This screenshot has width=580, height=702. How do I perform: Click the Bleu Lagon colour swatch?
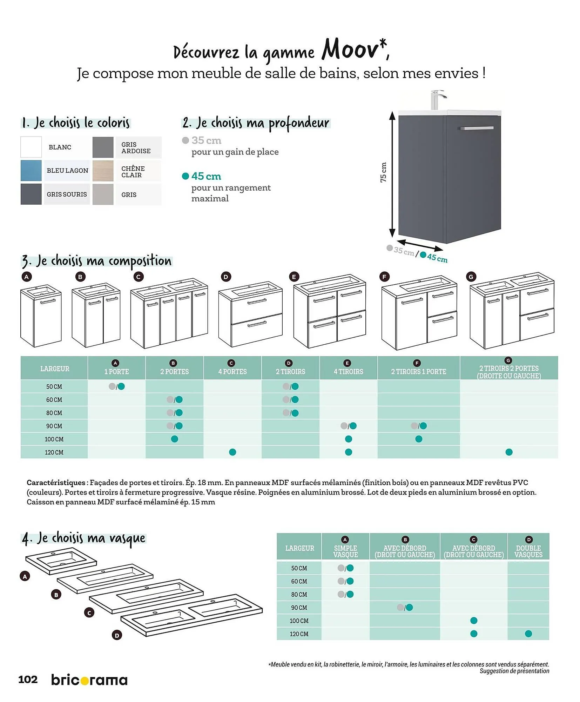31,171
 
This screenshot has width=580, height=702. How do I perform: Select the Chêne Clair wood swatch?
103,171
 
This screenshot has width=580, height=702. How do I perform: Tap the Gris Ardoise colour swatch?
103,147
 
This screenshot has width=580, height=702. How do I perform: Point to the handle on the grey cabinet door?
477,128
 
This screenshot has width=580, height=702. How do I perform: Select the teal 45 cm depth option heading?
206,176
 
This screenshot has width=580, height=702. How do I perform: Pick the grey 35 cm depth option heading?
206,140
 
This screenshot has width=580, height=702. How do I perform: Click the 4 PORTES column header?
232,371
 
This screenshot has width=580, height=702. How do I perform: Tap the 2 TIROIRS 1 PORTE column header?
418,371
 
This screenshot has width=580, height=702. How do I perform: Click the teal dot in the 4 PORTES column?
232,452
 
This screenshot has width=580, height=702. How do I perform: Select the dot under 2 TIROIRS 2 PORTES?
509,452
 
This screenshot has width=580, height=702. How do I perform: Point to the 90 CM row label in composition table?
54,426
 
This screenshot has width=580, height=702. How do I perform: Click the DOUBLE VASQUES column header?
528,551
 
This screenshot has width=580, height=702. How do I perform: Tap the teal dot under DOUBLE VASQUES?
528,634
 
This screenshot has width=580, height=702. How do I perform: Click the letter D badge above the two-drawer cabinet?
225,277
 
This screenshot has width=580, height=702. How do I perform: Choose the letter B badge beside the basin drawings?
56,595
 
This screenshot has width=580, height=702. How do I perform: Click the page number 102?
28,680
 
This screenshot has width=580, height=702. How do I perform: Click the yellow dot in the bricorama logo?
84,681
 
